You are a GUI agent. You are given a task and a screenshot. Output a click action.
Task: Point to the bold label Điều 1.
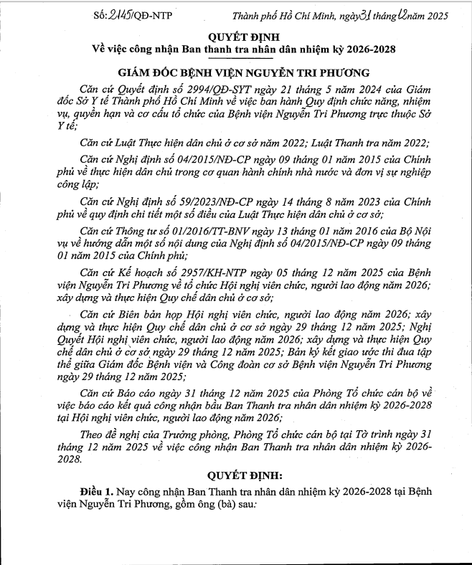(96, 493)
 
